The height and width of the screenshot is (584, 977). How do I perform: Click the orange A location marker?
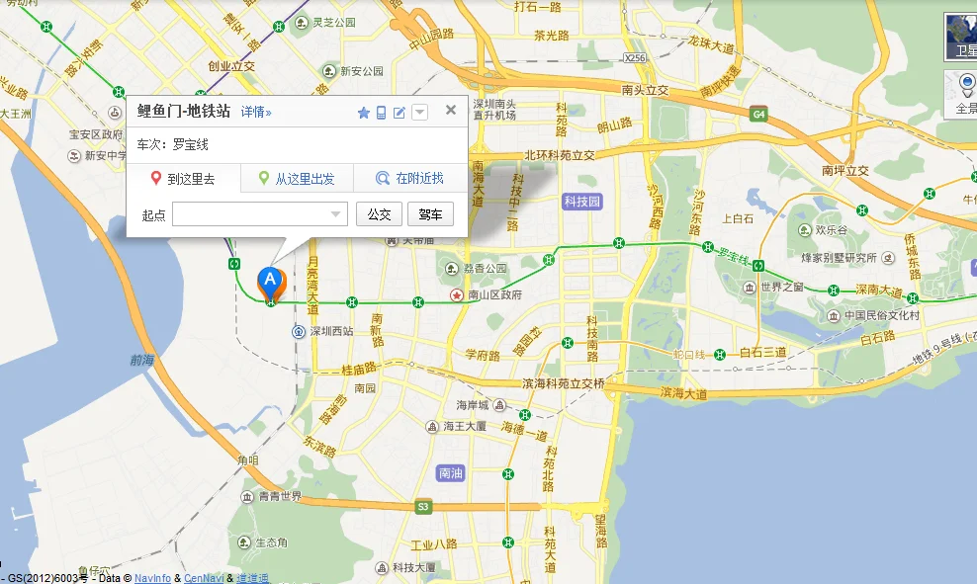(x=270, y=282)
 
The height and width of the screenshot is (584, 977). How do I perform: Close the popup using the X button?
(x=451, y=110)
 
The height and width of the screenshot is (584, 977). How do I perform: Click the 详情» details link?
(x=256, y=113)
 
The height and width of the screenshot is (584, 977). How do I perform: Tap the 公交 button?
(x=379, y=214)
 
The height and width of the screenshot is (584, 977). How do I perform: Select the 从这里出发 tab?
(x=297, y=179)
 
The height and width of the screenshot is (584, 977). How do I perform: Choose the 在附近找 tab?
(x=410, y=179)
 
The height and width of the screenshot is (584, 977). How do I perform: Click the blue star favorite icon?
(x=363, y=113)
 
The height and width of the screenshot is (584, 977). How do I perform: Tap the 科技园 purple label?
(x=581, y=202)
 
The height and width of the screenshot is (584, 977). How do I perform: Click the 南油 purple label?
(x=450, y=473)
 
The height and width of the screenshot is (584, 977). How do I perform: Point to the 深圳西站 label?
(x=331, y=332)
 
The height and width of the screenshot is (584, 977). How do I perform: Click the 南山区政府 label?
(x=494, y=295)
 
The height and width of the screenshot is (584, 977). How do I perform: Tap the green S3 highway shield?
(x=423, y=507)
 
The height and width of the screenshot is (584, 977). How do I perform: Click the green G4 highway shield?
(x=758, y=115)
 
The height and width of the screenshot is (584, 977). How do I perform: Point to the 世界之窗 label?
(x=782, y=288)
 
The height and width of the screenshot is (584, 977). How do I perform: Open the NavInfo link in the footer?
(x=153, y=578)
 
